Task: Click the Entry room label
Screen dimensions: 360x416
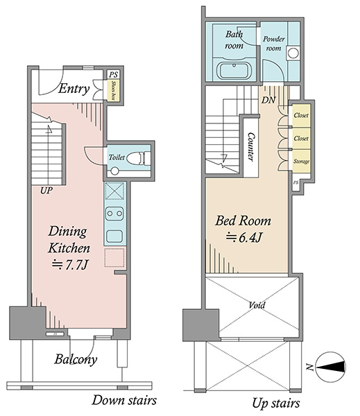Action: [74, 89]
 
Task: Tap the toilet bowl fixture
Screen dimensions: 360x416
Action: [136, 159]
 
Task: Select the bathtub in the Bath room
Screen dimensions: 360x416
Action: [234, 70]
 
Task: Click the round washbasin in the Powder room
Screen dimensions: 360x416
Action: [293, 53]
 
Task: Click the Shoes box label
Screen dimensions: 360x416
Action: [114, 90]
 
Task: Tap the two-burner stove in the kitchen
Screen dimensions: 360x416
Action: [114, 214]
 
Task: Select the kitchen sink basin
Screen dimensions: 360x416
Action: [114, 236]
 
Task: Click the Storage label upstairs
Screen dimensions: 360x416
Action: [301, 162]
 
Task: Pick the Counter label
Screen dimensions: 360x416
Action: [250, 147]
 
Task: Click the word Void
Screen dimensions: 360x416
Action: [257, 305]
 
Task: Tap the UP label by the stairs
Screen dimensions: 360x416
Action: [46, 190]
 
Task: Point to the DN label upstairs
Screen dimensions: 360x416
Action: [268, 100]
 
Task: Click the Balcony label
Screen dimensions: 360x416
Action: [76, 359]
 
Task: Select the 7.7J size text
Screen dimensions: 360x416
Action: [69, 265]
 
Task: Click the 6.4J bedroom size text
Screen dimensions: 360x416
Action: [244, 237]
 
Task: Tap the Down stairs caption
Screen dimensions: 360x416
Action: [124, 400]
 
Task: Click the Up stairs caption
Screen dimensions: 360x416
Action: [276, 403]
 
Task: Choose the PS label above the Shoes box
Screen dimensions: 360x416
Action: [113, 75]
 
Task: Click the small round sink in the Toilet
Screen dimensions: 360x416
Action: [114, 171]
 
